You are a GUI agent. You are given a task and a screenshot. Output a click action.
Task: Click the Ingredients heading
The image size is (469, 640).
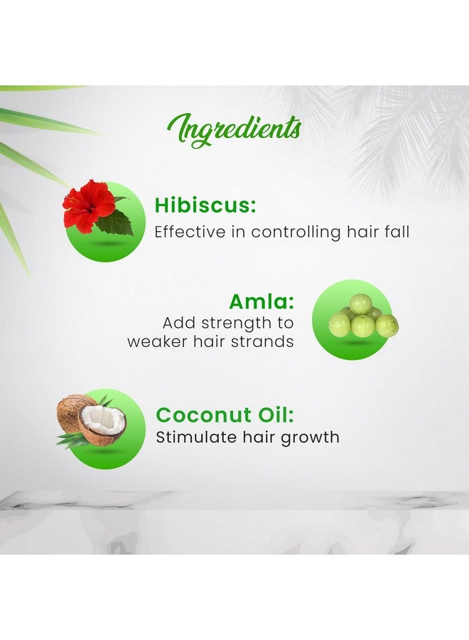(x=234, y=129)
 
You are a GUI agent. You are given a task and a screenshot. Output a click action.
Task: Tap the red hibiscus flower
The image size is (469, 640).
(x=87, y=203)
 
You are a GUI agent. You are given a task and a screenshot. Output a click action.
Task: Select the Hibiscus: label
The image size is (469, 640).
(x=205, y=206)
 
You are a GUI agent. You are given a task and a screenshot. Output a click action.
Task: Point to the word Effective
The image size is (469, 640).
(x=188, y=232)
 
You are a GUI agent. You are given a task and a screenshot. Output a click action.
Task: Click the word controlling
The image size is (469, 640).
(x=291, y=232)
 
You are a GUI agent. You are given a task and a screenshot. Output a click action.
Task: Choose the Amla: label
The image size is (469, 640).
(x=262, y=300)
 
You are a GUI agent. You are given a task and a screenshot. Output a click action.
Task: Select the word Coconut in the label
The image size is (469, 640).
(x=204, y=415)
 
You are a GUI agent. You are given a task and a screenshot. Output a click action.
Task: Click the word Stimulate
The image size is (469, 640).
(x=193, y=437)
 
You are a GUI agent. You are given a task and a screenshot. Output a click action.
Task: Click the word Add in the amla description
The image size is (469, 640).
(x=177, y=323)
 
